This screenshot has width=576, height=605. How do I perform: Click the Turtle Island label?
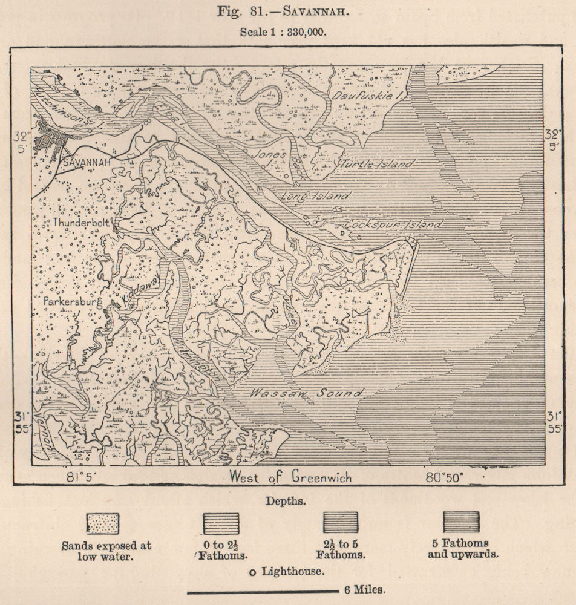[x=377, y=164]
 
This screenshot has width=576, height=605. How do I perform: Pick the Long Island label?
[x=315, y=196]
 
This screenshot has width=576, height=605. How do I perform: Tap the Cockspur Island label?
[x=393, y=224]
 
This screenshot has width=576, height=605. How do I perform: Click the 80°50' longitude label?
[x=443, y=476]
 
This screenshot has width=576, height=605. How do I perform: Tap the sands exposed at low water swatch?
[x=103, y=523]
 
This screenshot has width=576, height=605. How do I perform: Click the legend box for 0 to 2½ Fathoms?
[x=220, y=523]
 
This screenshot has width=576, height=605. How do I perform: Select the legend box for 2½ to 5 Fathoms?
[x=340, y=523]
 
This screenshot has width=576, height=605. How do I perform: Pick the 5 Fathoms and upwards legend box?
[x=461, y=523]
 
